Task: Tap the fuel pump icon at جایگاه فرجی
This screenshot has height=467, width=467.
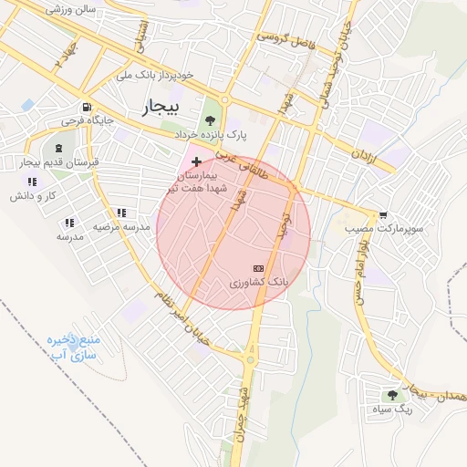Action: click(x=86, y=105)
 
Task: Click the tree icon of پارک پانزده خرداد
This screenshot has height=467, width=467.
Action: click(x=211, y=119)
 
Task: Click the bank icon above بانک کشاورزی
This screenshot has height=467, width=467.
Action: click(x=258, y=269)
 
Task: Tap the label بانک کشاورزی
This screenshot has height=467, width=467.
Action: click(x=259, y=284)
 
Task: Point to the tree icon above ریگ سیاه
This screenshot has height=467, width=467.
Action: click(x=392, y=395)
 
